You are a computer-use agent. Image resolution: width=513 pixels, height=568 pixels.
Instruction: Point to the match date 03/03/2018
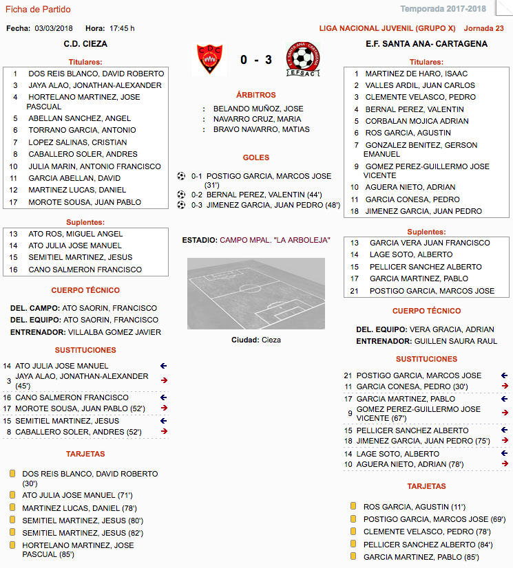(x=53, y=28)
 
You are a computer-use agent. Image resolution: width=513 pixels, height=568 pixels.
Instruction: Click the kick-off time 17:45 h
(x=122, y=28)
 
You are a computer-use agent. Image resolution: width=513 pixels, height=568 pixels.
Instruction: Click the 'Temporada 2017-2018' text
(x=452, y=9)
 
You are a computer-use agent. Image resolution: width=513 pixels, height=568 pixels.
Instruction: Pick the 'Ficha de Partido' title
(x=38, y=9)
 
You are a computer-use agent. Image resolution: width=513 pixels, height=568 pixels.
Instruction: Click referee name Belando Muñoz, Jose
(x=258, y=109)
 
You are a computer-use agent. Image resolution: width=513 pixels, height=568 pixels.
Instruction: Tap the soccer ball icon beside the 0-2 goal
(x=182, y=195)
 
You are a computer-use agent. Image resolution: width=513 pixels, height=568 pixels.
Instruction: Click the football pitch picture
(x=255, y=294)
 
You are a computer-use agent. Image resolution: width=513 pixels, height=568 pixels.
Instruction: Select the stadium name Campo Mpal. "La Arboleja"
(x=275, y=240)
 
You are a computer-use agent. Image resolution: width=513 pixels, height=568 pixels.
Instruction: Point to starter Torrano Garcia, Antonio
(x=82, y=130)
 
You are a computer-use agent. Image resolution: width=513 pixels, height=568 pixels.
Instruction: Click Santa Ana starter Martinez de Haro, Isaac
(x=416, y=74)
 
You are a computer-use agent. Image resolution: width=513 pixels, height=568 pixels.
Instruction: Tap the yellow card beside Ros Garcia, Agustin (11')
(x=352, y=506)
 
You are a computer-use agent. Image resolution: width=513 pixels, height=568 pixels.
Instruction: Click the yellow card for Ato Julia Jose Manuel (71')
(x=12, y=495)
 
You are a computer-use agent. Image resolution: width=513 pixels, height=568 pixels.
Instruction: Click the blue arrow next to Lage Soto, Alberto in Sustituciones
(x=505, y=454)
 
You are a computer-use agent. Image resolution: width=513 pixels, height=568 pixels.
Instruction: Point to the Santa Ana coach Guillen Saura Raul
(x=454, y=341)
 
